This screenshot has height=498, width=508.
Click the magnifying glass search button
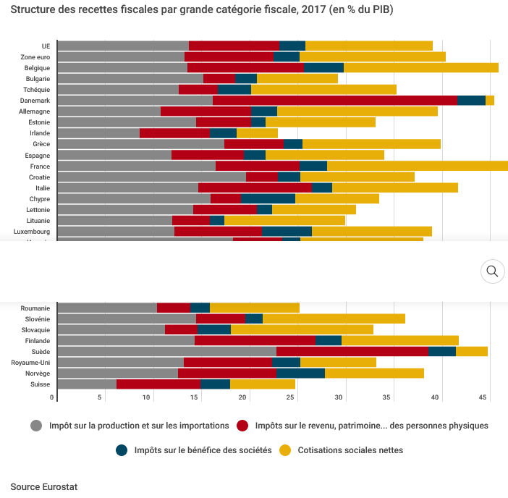(492, 271)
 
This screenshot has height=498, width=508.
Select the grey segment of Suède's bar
(166, 351)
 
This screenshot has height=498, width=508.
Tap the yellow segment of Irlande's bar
(257, 133)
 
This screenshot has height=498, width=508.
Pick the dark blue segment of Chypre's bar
(268, 198)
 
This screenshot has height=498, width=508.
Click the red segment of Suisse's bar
(158, 384)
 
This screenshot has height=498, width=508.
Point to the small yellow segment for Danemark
(490, 101)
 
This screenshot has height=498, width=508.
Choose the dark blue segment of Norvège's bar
(300, 373)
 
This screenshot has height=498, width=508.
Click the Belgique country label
(37, 68)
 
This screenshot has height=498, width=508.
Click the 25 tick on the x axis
(243, 397)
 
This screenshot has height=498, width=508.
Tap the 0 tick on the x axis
(52, 397)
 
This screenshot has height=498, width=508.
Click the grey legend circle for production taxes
(37, 426)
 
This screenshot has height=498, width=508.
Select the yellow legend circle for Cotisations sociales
(285, 450)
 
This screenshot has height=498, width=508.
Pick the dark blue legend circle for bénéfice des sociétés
(122, 450)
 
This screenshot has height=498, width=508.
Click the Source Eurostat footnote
(43, 486)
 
